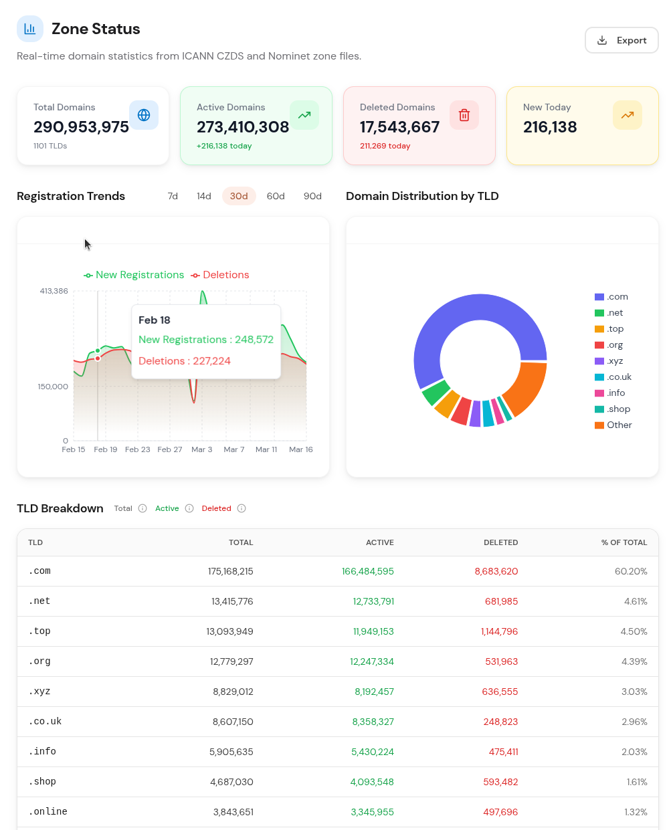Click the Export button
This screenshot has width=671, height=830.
(x=621, y=40)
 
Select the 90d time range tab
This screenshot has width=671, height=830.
(x=312, y=196)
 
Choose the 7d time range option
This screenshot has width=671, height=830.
(x=173, y=196)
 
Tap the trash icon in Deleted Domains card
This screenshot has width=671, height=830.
(x=464, y=115)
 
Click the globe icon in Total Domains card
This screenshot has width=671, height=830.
(x=144, y=115)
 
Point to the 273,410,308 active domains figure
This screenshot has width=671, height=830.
(x=243, y=127)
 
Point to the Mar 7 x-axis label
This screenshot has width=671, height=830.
(x=234, y=449)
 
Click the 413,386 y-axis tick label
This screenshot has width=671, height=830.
(x=54, y=291)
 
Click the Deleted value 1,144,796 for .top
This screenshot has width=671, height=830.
(x=499, y=631)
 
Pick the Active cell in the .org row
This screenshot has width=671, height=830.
(x=371, y=661)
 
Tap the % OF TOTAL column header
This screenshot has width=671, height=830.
(x=624, y=542)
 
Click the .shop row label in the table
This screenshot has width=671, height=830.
(x=42, y=782)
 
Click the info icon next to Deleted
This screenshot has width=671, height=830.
(x=242, y=508)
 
